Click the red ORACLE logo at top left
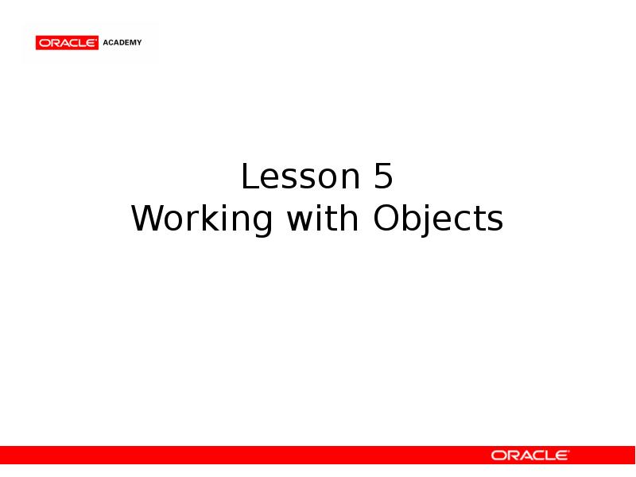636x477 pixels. point(67,43)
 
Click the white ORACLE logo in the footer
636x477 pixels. point(529,456)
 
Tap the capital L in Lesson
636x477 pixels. point(249,177)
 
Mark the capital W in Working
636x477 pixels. point(147,219)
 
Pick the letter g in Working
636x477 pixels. point(260,223)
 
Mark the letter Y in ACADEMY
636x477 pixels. point(139,43)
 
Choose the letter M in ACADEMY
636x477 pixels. point(132,43)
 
